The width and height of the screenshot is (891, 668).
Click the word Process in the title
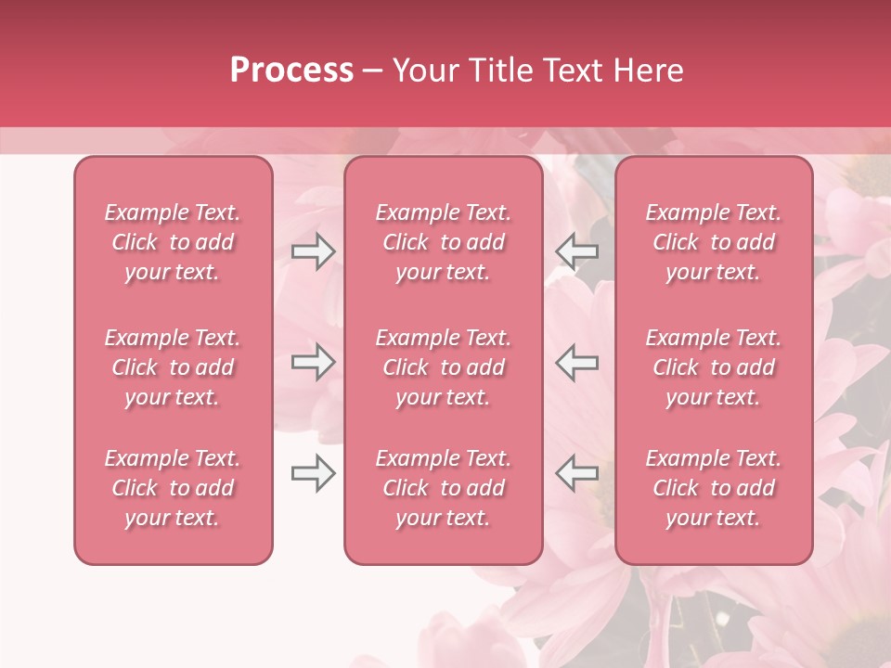291,71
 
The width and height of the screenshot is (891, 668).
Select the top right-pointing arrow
314,251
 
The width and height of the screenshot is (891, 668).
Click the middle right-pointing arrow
314,362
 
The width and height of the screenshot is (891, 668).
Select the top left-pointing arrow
577,251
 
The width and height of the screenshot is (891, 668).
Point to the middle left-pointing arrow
577,362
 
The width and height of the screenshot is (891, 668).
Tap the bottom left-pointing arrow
577,473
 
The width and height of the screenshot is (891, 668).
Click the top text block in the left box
173,242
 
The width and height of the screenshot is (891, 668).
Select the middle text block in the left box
173,367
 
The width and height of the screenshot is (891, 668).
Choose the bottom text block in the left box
173,488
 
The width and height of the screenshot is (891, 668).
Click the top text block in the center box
443,242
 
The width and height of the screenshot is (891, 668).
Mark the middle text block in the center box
443,367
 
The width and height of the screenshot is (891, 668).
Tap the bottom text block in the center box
443,488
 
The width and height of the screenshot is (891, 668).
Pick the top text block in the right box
714,242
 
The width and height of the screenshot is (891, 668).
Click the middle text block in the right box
714,367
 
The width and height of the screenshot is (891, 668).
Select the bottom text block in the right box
714,488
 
